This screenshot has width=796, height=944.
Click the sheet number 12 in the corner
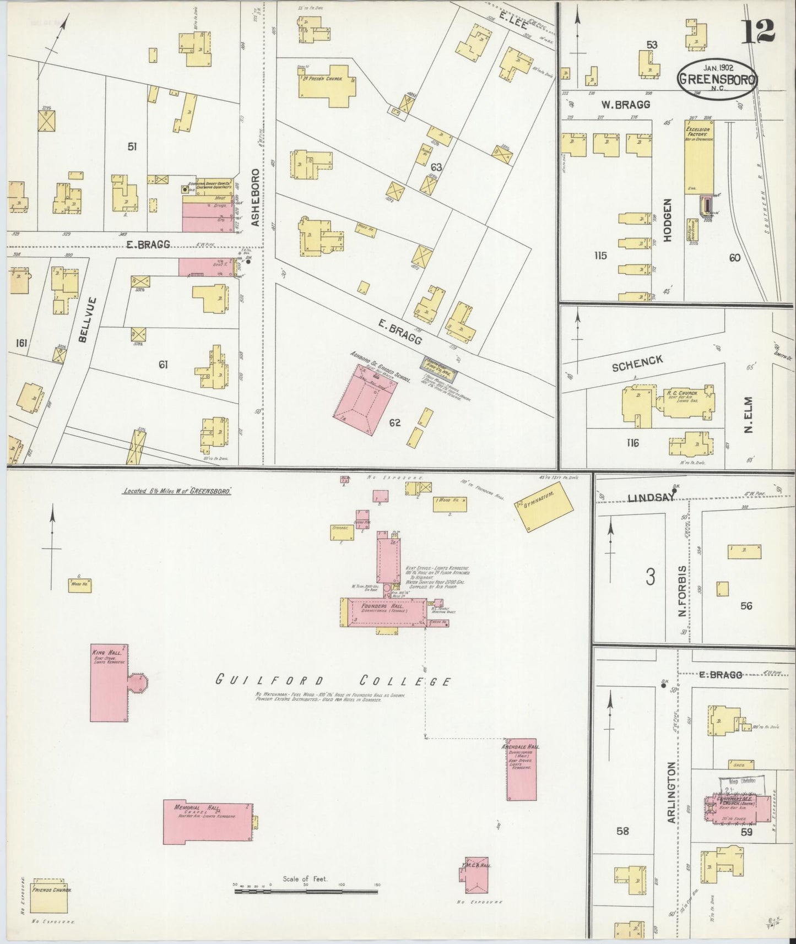[759, 31]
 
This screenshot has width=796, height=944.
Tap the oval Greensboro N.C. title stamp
[717, 79]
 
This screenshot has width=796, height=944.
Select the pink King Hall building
[110, 682]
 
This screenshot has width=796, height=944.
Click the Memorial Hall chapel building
[208, 821]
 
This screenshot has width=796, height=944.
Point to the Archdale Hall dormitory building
[521, 769]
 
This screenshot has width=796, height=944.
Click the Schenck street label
[637, 363]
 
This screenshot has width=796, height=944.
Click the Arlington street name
[671, 793]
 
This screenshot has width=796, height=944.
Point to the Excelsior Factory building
[699, 157]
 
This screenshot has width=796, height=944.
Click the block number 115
[600, 256]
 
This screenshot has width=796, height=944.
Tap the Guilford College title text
[333, 680]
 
